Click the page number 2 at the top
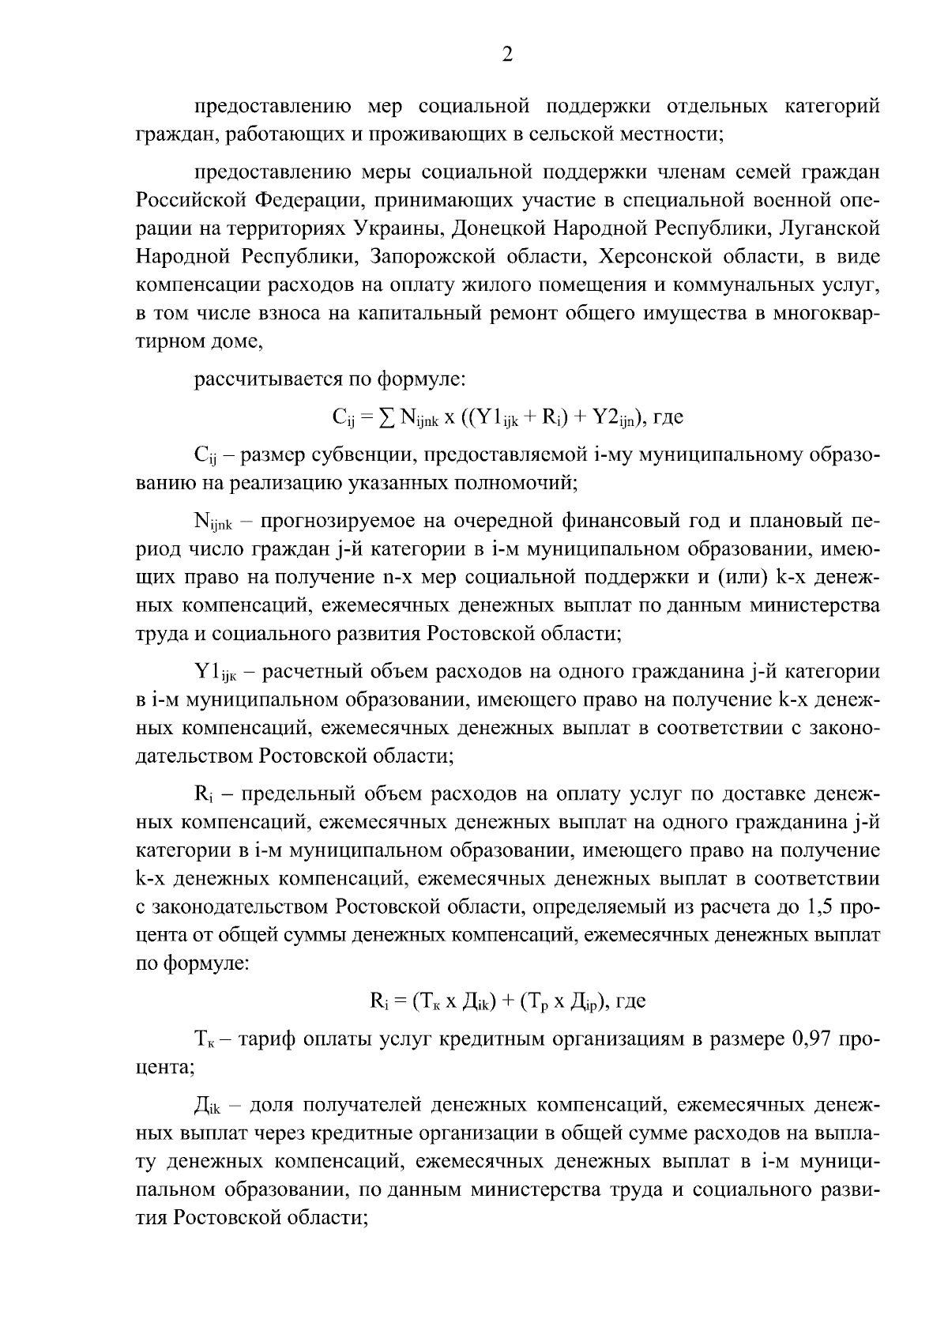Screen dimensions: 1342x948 click(507, 55)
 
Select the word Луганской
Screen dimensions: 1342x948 click(829, 229)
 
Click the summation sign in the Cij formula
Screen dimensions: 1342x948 click(386, 417)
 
